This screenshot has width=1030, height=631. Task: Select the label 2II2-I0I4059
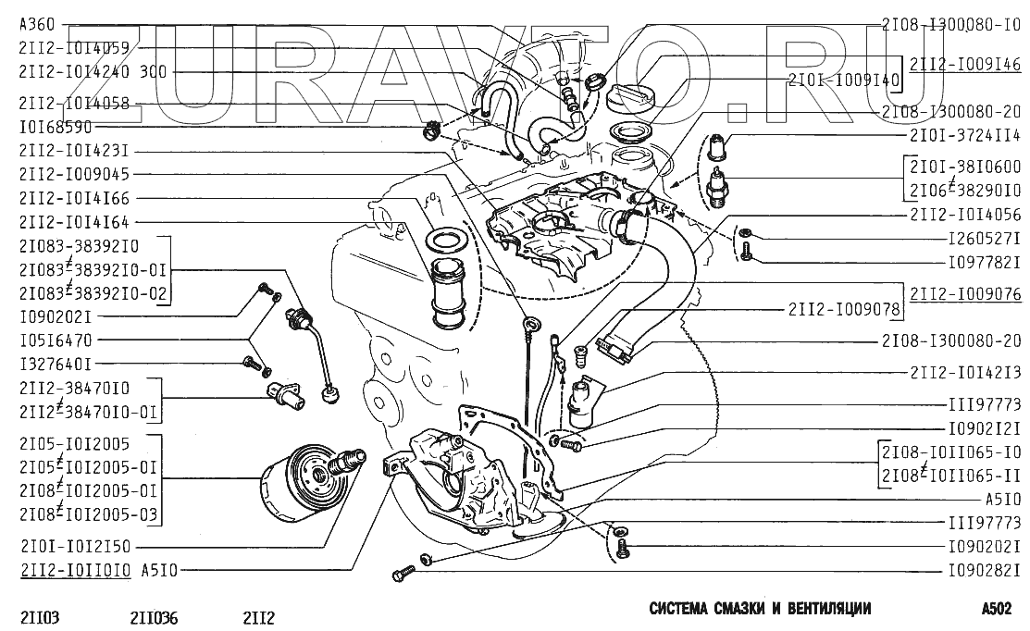click(73, 47)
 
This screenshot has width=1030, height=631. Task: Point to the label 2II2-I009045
click(73, 173)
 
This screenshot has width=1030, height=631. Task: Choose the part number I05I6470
click(55, 340)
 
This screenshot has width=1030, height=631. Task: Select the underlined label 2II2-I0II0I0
click(73, 570)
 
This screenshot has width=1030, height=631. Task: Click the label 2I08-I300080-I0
click(951, 26)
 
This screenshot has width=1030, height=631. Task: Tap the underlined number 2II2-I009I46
click(965, 65)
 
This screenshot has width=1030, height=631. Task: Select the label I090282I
click(983, 570)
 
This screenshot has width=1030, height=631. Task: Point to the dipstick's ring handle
click(530, 325)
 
